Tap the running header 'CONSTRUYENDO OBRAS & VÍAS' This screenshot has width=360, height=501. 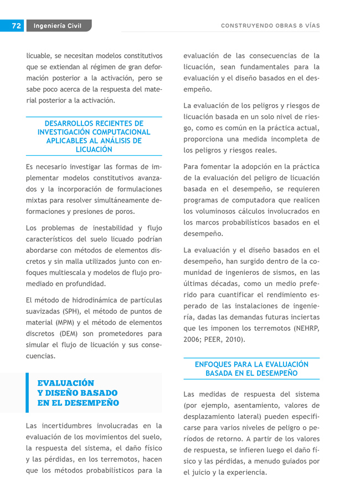(x=270, y=25)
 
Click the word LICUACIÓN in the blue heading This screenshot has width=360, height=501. (x=94, y=150)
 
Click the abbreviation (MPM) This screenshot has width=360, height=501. (x=69, y=323)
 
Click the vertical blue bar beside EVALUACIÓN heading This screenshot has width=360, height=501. (x=27, y=393)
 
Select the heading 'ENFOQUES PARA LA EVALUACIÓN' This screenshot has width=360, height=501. (x=251, y=364)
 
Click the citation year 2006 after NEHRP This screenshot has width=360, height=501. (x=193, y=339)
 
